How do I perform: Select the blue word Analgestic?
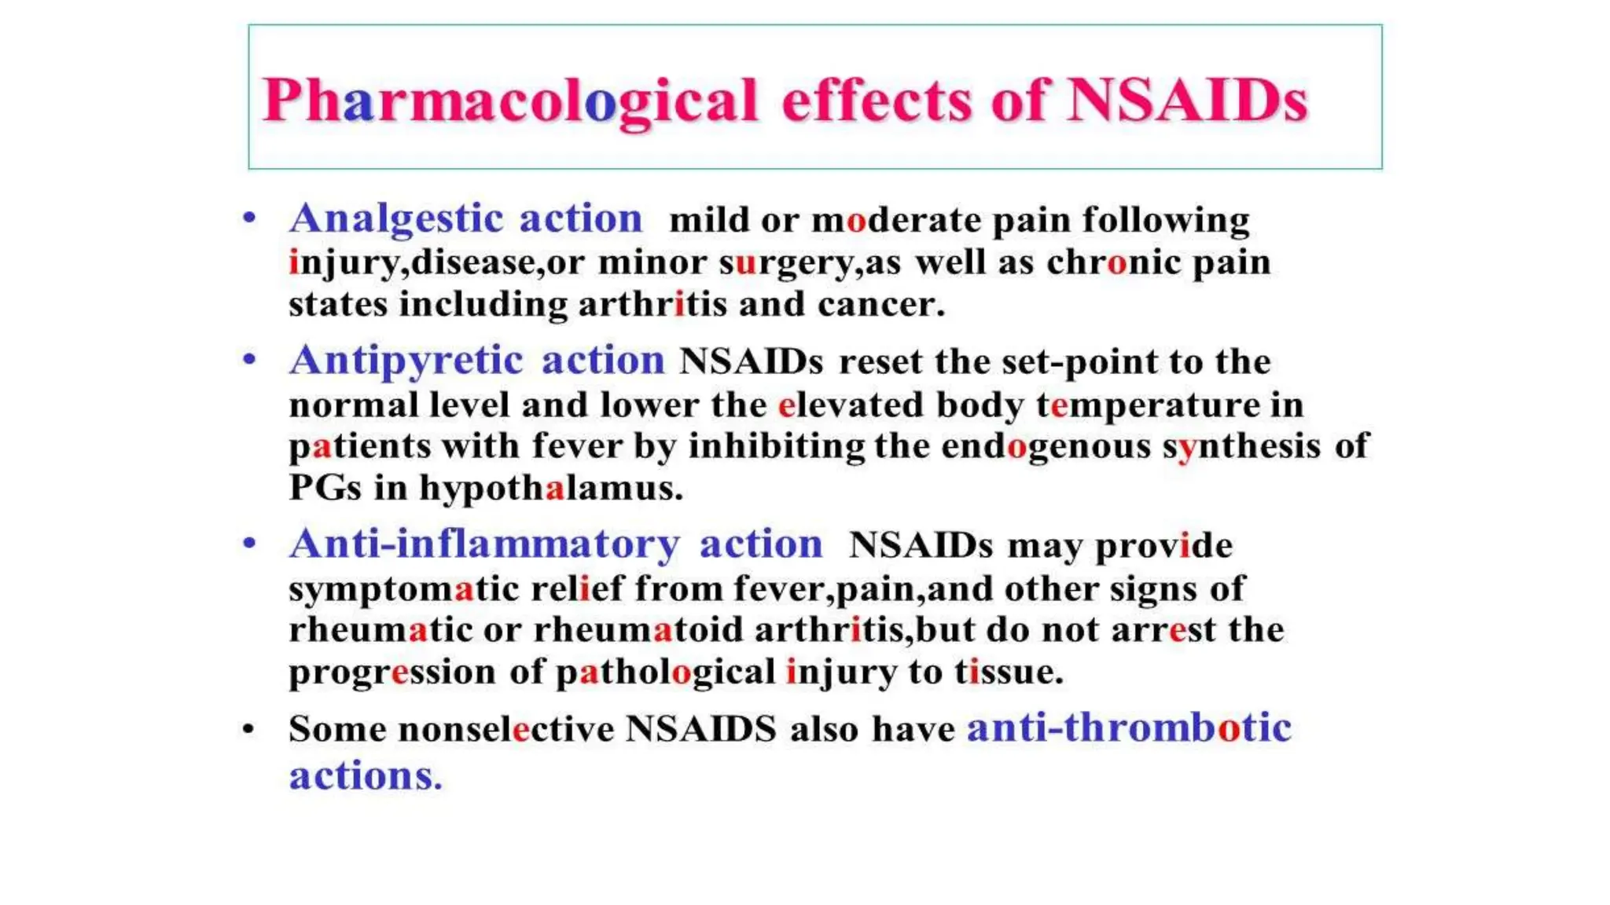click(x=395, y=218)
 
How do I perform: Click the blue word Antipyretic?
click(x=406, y=361)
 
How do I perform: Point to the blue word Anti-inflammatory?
click(x=484, y=544)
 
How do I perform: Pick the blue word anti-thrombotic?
click(x=1129, y=728)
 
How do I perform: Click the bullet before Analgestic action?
click(x=249, y=218)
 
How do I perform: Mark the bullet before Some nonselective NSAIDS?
click(x=248, y=730)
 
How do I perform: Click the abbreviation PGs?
click(x=325, y=489)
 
